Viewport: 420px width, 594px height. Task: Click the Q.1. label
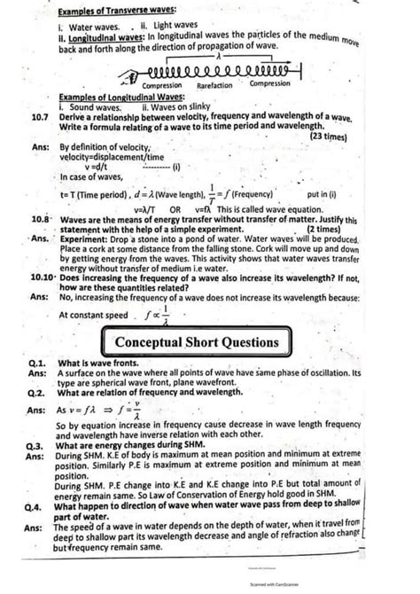click(x=36, y=363)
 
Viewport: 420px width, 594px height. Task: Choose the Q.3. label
click(x=36, y=447)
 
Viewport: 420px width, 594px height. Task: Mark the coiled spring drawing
click(x=216, y=70)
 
